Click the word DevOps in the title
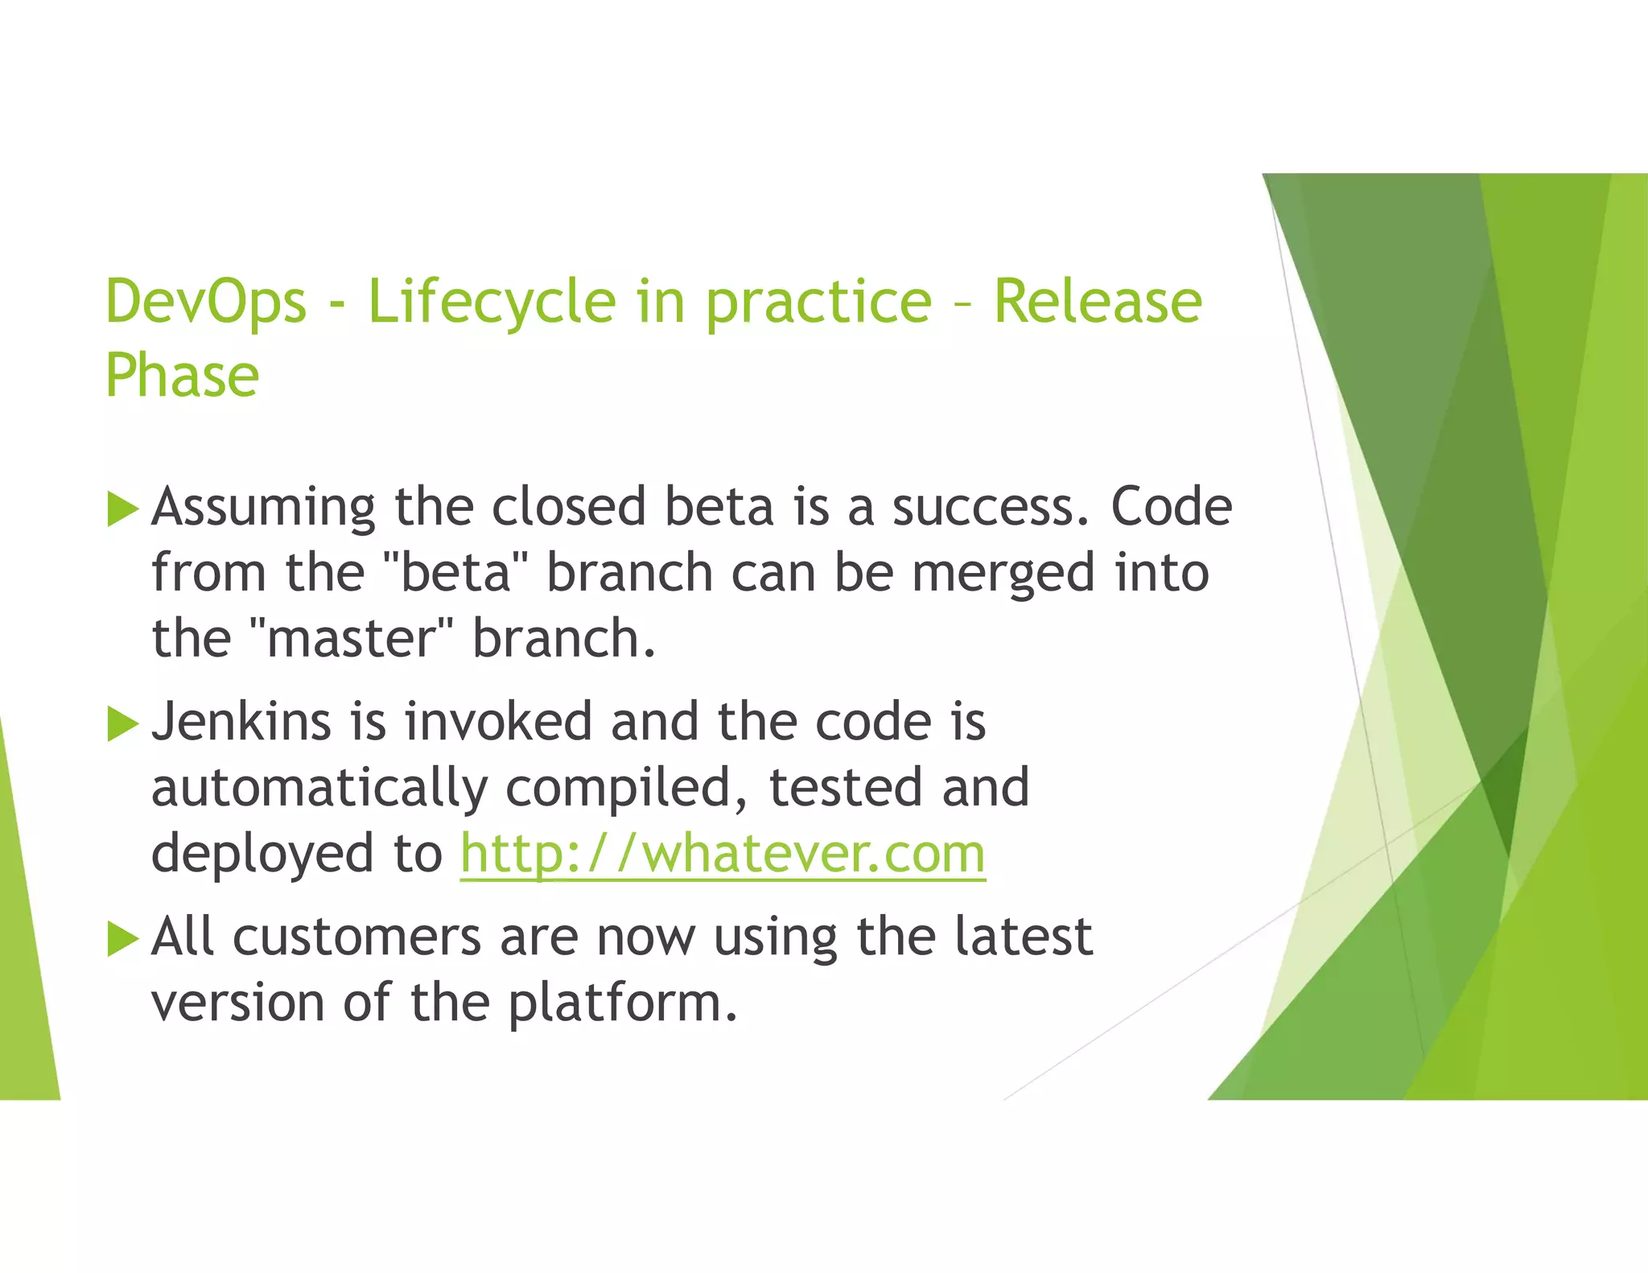point(206,302)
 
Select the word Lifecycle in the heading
point(492,302)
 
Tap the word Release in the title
point(1098,302)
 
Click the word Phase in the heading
point(182,376)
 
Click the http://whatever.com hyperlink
point(723,854)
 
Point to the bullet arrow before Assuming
point(122,509)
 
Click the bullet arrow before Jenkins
point(122,723)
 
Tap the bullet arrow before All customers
point(122,938)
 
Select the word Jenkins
point(241,721)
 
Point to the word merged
point(1003,575)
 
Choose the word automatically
point(319,789)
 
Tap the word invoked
point(498,721)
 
